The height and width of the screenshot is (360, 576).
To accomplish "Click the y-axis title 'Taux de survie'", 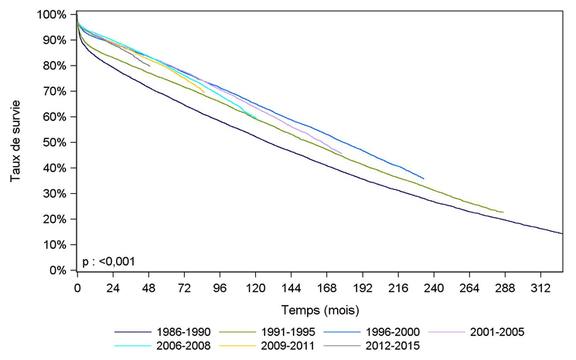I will coord(15,142).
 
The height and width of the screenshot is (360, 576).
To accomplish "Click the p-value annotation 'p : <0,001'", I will coord(108,261).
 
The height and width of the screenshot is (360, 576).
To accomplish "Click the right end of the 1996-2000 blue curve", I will coord(424,178).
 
